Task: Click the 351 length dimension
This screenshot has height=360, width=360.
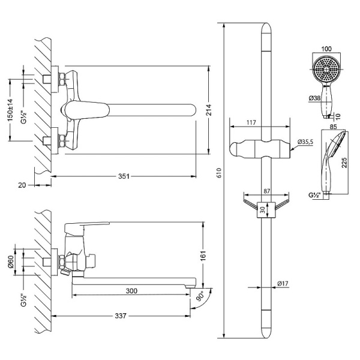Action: [x=122, y=176]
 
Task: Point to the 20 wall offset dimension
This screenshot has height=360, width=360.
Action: [x=22, y=185]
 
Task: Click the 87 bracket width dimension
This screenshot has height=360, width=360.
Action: [x=266, y=190]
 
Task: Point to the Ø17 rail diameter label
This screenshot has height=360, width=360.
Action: [x=283, y=284]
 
